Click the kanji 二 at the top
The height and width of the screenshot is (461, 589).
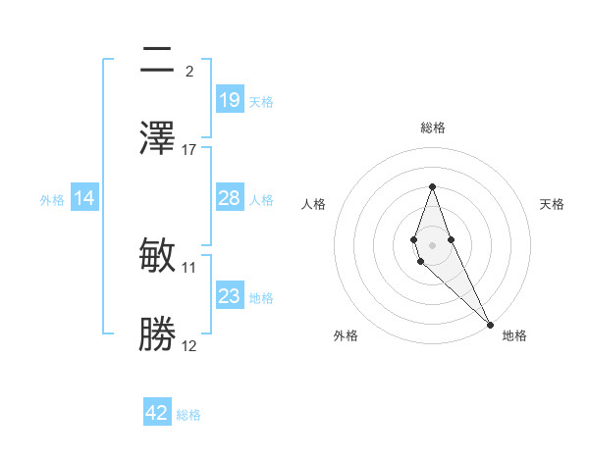[157, 60]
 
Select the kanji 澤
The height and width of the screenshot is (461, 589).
[157, 137]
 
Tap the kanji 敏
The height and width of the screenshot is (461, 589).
[157, 256]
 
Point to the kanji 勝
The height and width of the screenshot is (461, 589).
[157, 334]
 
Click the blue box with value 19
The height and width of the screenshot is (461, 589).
[229, 100]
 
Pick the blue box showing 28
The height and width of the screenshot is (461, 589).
[229, 198]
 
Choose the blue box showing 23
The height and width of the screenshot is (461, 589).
[229, 296]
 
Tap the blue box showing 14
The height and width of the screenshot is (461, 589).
[84, 198]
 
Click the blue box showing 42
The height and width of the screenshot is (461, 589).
[157, 413]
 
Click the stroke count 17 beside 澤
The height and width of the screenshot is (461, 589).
[189, 149]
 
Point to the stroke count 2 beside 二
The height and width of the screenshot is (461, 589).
[189, 71]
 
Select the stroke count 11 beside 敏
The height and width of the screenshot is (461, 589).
[189, 267]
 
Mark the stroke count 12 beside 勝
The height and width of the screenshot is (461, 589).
[189, 345]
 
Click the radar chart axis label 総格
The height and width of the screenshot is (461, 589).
[432, 128]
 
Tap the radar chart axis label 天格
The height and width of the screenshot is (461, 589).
[552, 204]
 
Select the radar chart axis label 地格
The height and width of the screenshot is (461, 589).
[514, 336]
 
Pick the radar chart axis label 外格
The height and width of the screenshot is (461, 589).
[346, 336]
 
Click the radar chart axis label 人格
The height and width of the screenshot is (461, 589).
[314, 204]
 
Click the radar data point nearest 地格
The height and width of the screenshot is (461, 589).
[490, 324]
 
